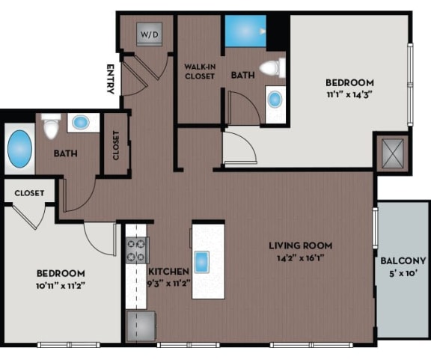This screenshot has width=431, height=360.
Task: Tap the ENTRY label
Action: point(111,79)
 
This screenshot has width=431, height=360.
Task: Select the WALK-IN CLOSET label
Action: point(199,71)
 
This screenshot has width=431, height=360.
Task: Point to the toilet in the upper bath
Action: point(272,69)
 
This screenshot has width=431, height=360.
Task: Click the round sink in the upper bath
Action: point(275,99)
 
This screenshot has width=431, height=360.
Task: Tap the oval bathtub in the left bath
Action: point(20,149)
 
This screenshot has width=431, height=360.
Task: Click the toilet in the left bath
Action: point(51,128)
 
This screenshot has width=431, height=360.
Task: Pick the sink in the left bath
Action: point(79,123)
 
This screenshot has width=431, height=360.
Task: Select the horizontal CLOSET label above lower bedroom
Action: point(29,192)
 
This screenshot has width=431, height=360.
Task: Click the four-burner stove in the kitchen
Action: point(138,251)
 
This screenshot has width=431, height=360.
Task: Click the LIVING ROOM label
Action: point(302,245)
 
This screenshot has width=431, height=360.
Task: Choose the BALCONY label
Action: point(403,260)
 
